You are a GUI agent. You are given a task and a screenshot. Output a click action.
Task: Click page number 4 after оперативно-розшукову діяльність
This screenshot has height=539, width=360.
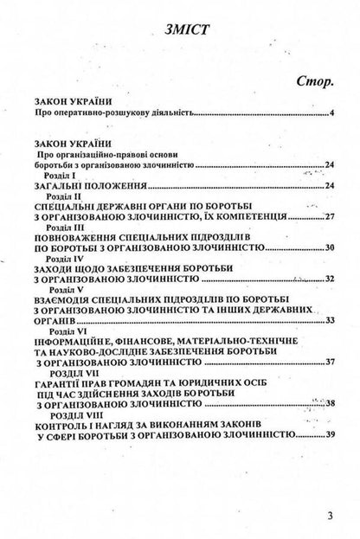332,112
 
